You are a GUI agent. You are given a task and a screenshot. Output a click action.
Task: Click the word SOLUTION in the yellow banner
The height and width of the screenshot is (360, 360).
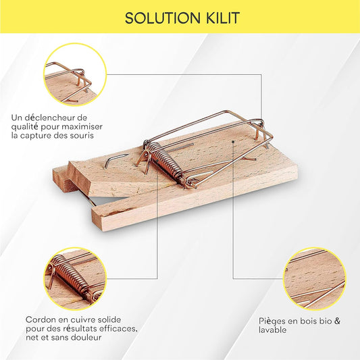point(163,18)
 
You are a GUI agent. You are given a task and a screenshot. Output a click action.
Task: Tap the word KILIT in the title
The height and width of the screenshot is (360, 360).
point(223,18)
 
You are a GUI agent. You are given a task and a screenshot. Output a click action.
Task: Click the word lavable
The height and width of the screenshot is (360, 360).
point(272,330)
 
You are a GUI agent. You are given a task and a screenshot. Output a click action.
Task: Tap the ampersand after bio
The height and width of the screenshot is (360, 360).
point(337,321)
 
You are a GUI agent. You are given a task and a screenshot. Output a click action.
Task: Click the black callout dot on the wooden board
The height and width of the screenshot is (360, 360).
point(233,142)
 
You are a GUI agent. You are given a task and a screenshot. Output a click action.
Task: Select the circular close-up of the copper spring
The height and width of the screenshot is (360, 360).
point(75,279)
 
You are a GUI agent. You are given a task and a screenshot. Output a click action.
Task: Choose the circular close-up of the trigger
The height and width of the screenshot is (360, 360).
point(75,74)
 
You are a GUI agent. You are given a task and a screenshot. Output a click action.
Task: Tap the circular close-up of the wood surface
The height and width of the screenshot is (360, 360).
point(315,279)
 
